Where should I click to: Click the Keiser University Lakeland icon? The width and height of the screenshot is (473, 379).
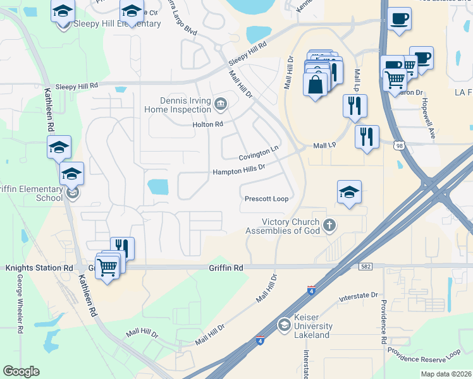point(285,325)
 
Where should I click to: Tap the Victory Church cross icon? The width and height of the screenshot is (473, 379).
point(328,226)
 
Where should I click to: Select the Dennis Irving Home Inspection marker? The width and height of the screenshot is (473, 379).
point(221,104)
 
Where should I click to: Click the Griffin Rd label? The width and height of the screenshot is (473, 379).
point(226,268)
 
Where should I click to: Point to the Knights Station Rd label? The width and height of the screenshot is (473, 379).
point(39,268)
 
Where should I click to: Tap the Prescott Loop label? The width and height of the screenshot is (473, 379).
point(266,199)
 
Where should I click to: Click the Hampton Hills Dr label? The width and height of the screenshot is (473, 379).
point(238,171)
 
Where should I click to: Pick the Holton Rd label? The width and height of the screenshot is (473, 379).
point(208,124)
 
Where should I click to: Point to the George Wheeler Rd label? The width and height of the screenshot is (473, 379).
point(20,303)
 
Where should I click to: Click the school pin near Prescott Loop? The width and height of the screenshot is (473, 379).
point(349,191)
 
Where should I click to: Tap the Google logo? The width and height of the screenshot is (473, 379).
point(21,371)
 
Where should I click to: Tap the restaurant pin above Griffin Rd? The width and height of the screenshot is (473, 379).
point(122,248)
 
